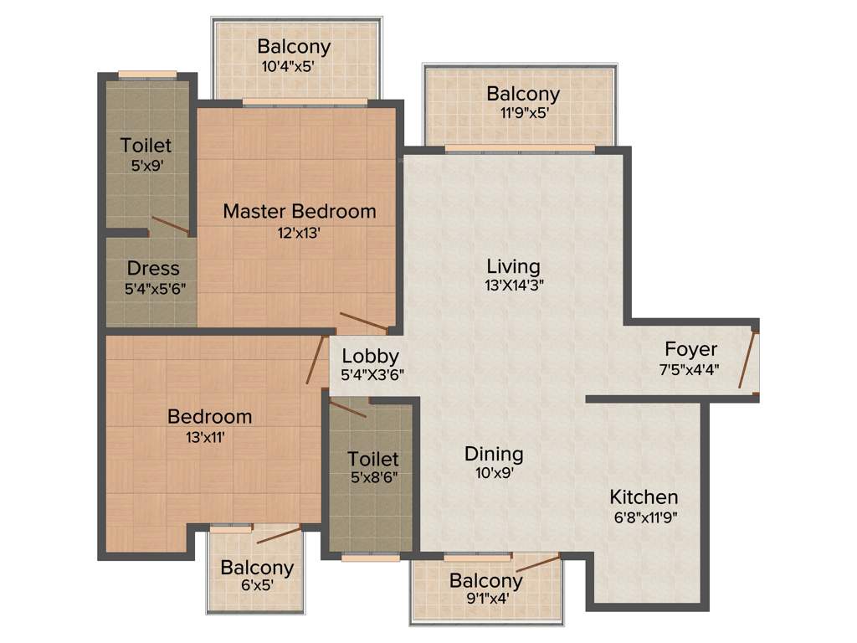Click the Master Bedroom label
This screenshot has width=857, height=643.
click(x=299, y=211)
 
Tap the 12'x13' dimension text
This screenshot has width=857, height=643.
click(x=299, y=233)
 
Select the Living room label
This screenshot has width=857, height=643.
click(x=513, y=266)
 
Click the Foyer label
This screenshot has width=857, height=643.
click(x=690, y=348)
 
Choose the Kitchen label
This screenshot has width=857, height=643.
click(x=643, y=496)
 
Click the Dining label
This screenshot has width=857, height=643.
click(x=494, y=454)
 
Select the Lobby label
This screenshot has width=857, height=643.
click(x=370, y=357)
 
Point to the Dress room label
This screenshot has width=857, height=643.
click(x=153, y=269)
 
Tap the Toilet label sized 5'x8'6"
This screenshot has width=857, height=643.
click(x=373, y=459)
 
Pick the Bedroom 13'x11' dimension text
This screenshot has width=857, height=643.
click(x=209, y=436)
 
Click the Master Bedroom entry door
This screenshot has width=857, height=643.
click(x=362, y=321)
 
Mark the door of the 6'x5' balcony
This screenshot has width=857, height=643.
click(x=278, y=535)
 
